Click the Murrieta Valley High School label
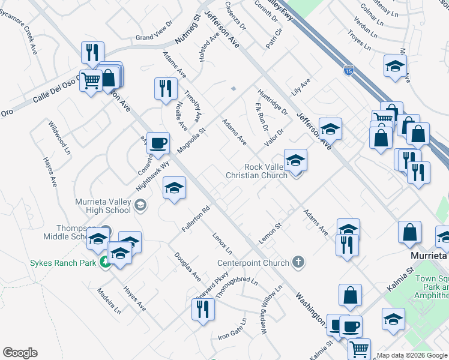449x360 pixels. coord(103,206)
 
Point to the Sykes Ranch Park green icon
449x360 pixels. coord(105,262)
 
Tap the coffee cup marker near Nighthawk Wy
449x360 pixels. coord(158,144)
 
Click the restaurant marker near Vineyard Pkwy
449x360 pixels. coord(203,310)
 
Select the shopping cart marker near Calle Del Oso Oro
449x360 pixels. coord(91,80)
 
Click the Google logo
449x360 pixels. coord(20,353)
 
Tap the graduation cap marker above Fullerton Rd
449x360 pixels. coord(174,189)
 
